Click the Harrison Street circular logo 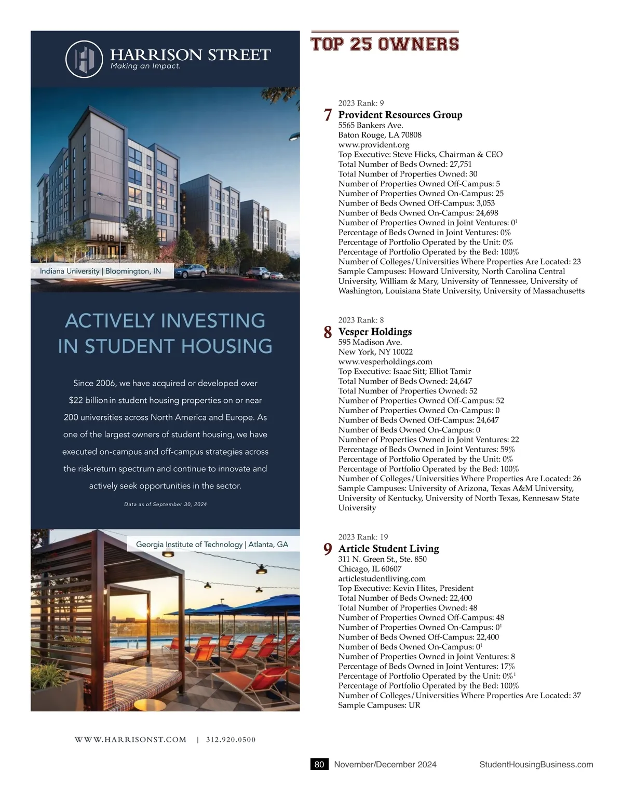[x=84, y=59]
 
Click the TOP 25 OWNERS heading [x=385, y=44]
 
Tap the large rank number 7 [x=328, y=115]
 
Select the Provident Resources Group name [x=400, y=115]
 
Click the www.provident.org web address [x=374, y=145]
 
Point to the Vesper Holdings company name [x=375, y=332]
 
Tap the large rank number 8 [x=328, y=332]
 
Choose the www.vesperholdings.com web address [x=385, y=361]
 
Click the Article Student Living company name [x=388, y=549]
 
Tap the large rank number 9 [x=328, y=549]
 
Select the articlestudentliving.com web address [x=382, y=578]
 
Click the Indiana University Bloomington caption [x=100, y=271]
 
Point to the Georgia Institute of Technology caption [x=212, y=544]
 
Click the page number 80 [x=319, y=764]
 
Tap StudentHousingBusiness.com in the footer [x=536, y=764]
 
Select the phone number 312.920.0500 [x=231, y=740]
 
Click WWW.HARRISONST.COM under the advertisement [x=130, y=740]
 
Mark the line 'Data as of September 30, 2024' [x=165, y=504]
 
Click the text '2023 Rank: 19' [x=363, y=537]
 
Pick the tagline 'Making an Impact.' [x=145, y=66]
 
